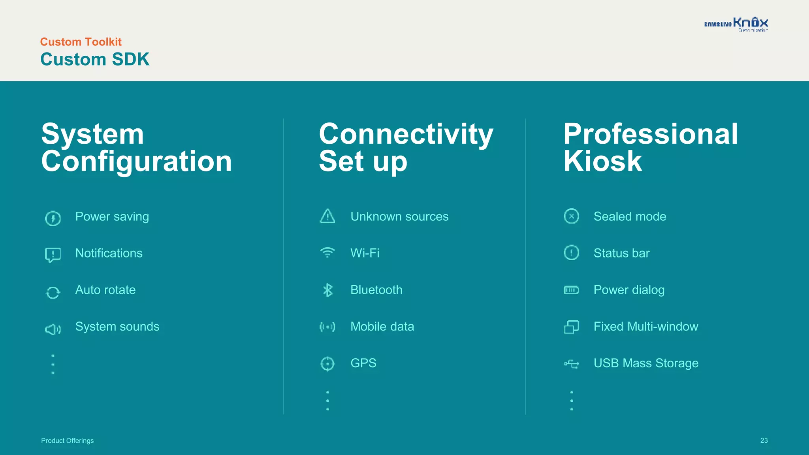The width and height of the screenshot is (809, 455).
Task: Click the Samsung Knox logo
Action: point(736,24)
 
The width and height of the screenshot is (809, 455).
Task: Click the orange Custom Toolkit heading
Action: point(81,42)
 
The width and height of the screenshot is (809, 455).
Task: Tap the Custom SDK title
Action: point(95,60)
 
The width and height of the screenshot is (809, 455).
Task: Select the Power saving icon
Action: point(53,218)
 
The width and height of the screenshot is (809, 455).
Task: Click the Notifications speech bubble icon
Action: point(53,255)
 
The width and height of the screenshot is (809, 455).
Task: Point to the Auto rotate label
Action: point(105,290)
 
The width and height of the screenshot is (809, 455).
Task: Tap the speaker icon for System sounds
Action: point(53,329)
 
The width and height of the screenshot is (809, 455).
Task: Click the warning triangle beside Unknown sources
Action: point(327,216)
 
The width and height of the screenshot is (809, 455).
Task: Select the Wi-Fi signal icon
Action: point(327,252)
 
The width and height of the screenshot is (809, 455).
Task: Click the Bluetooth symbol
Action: point(328,290)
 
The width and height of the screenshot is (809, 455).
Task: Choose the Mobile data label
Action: point(382,327)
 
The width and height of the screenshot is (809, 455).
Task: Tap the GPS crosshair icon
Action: point(327,363)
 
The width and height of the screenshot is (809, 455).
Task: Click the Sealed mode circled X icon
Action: point(571,216)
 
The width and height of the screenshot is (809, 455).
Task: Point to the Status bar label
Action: point(621,253)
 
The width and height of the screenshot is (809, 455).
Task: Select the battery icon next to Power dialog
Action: point(571,290)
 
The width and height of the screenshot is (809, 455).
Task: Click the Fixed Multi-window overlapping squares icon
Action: point(571,327)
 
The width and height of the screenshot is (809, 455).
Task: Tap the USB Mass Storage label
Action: point(646,363)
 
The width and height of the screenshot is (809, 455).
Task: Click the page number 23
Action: point(764,440)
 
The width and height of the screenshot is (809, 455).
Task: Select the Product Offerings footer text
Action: point(68,441)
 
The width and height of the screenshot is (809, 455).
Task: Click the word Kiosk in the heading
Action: point(603,162)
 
